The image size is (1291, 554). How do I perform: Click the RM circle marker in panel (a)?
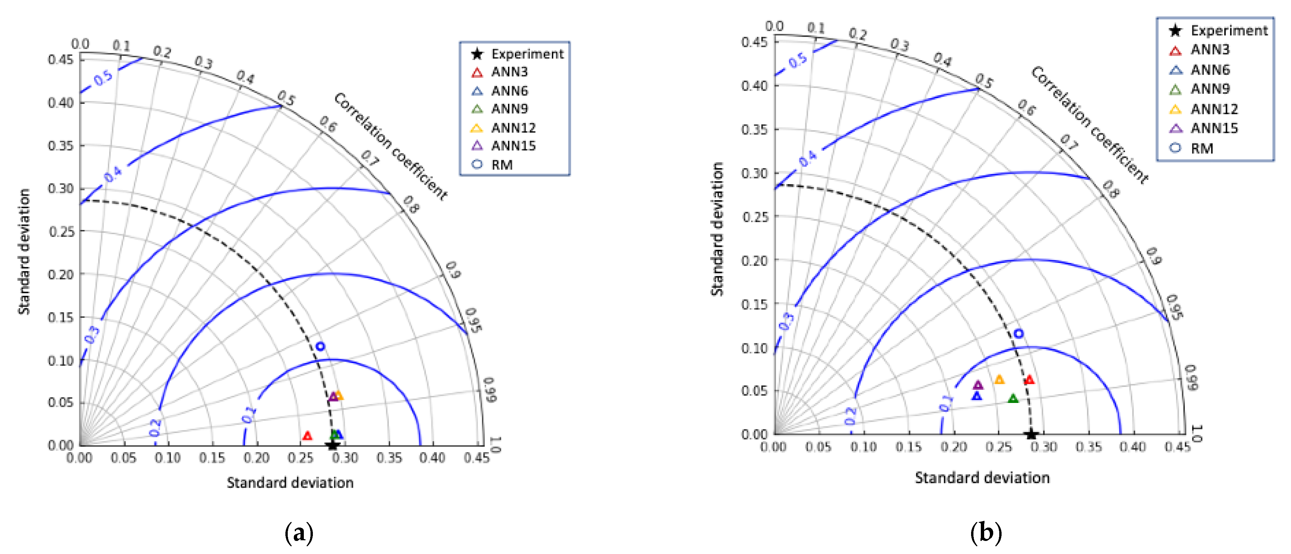(x=320, y=346)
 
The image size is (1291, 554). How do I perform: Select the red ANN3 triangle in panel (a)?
(x=307, y=436)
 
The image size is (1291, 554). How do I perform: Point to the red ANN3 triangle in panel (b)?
(x=1029, y=380)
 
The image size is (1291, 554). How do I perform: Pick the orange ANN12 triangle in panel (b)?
(x=999, y=380)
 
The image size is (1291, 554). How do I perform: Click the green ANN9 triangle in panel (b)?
(x=1013, y=399)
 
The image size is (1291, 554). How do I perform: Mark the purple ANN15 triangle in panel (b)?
(x=978, y=385)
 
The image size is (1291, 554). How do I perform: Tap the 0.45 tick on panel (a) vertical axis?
(x=61, y=60)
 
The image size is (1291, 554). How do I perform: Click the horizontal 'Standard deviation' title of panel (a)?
(x=290, y=482)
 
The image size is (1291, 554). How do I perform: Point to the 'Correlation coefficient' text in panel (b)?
(x=1090, y=124)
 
